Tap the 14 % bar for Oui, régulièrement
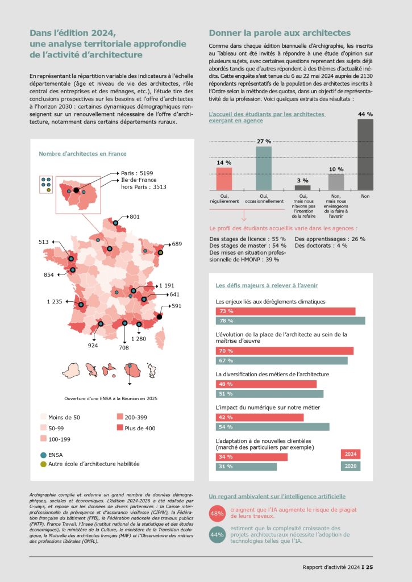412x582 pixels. point(224,178)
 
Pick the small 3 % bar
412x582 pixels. point(302,187)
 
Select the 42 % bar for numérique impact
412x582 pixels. point(259,417)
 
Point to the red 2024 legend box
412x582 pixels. point(350,454)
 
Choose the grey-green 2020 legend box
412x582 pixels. point(350,467)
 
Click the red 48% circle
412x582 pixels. point(217,513)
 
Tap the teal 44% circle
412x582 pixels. point(217,535)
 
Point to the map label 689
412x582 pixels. point(177,244)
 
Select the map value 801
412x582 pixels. point(135,217)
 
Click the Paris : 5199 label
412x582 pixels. point(137,173)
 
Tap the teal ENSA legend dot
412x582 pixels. point(43,455)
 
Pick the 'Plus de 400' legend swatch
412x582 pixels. point(120,428)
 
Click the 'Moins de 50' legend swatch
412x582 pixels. point(43,417)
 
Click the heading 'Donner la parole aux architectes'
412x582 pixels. point(280,33)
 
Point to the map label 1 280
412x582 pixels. point(139,339)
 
